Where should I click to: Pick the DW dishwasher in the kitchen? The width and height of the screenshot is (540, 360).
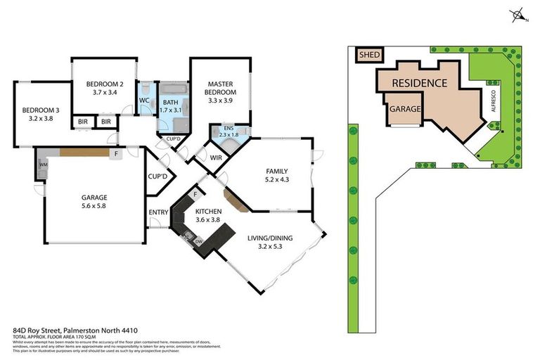[x=199, y=241]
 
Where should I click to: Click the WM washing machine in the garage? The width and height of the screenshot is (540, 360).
[x=43, y=165]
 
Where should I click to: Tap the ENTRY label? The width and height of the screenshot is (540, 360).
[x=158, y=212]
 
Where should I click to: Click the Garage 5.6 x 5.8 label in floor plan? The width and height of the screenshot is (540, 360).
[x=94, y=202]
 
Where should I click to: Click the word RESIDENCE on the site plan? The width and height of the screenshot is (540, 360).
[x=419, y=83]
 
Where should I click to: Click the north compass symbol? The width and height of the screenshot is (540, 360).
[x=518, y=14]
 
